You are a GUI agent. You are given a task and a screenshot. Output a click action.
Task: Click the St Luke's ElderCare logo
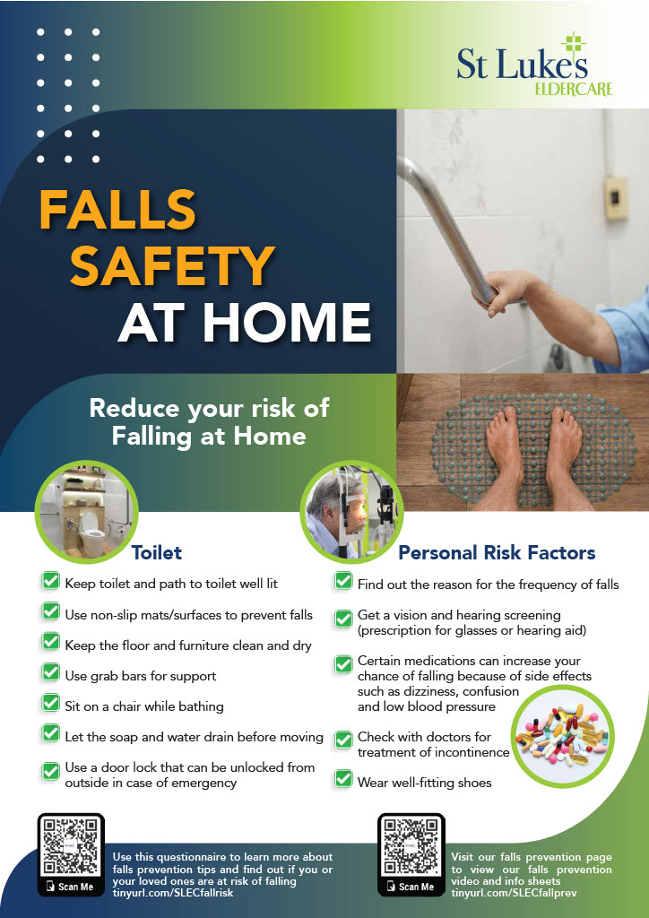(x=533, y=65)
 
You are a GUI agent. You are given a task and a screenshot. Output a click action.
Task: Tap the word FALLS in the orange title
(x=117, y=211)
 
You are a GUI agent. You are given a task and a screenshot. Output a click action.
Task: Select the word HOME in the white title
(x=290, y=323)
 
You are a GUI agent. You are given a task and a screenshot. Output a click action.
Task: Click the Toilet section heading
(x=156, y=552)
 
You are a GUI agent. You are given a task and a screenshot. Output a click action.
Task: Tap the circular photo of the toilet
(x=87, y=512)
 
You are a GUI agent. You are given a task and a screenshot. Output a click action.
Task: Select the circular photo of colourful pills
(x=562, y=737)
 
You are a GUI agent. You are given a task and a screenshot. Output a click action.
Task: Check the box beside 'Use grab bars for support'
(x=51, y=672)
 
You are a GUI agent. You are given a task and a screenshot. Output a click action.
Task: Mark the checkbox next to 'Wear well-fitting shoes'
(x=343, y=779)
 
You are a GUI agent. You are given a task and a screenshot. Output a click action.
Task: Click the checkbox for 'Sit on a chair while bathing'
(x=51, y=703)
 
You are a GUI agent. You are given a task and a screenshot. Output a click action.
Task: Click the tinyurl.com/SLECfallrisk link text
(x=173, y=893)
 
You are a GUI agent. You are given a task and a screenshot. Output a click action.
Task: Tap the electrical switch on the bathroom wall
(x=616, y=198)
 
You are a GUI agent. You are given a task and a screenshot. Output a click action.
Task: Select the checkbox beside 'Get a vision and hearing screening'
(x=343, y=619)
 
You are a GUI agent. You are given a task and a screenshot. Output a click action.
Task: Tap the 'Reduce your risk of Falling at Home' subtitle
(x=209, y=422)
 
